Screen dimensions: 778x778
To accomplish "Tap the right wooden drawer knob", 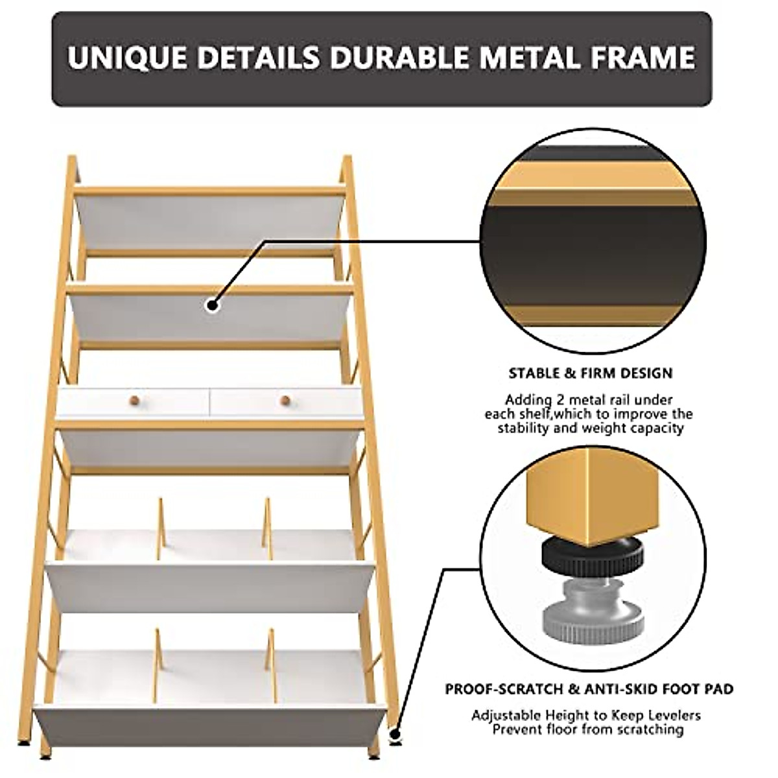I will [285, 401].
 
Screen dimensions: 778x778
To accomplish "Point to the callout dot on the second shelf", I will [212, 305].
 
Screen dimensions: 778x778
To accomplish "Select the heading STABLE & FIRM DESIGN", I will [590, 373].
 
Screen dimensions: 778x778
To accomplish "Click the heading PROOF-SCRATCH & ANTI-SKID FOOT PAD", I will [589, 689].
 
